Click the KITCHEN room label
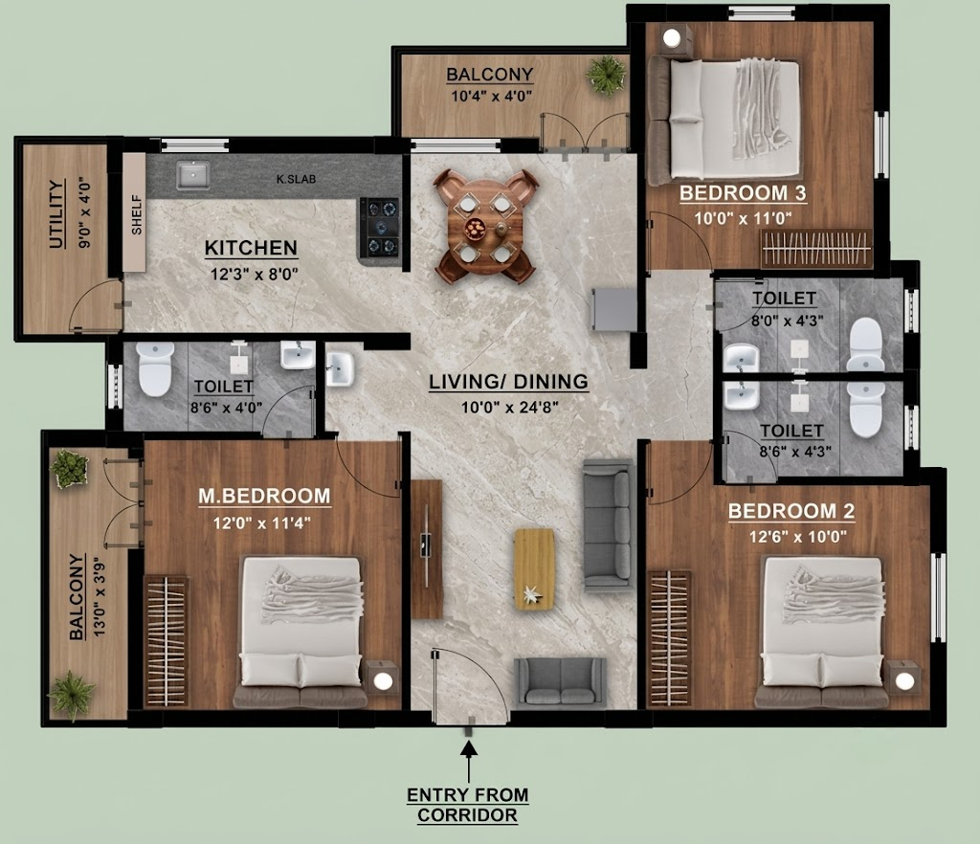[x=251, y=248]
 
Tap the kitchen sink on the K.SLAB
[x=193, y=175]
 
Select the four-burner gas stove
[x=381, y=228]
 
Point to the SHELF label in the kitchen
[x=136, y=214]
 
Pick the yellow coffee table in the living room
[x=534, y=568]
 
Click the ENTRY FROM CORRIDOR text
[x=467, y=806]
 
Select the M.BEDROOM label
[x=264, y=496]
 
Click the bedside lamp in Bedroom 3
[x=671, y=38]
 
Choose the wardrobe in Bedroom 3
[x=815, y=249]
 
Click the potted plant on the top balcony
[x=606, y=76]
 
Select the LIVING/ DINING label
[x=509, y=381]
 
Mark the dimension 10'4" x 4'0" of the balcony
[x=491, y=97]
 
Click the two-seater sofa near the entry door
[x=560, y=683]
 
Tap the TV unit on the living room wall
[x=427, y=549]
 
